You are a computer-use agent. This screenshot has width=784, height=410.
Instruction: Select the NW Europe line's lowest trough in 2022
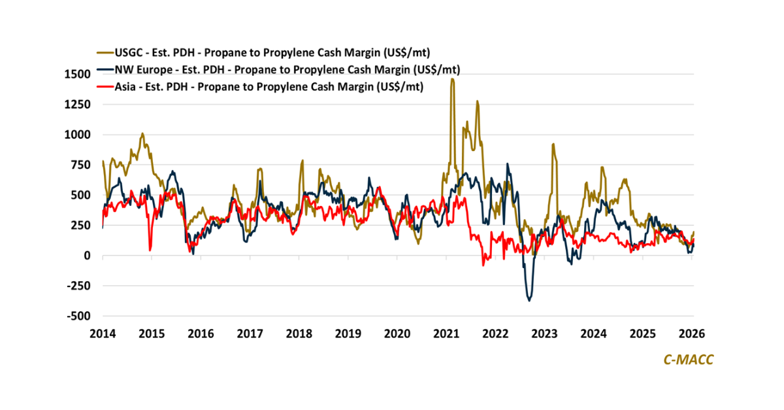(529, 300)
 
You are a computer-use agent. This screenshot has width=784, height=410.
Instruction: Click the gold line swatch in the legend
(103, 52)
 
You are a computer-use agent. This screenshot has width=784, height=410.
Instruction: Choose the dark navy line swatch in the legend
(103, 69)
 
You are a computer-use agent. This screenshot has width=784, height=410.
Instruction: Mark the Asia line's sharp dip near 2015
(150, 250)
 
